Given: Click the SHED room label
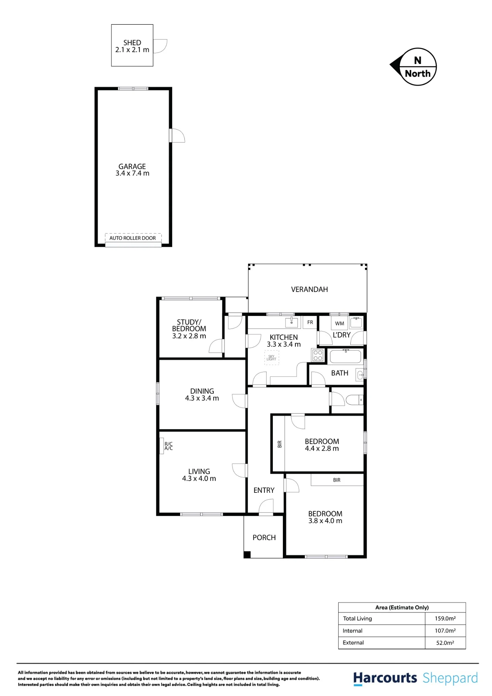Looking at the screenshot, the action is (x=132, y=43).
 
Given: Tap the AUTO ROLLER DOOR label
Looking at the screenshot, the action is (x=133, y=238).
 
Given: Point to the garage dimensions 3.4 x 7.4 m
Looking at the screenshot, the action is (x=132, y=173).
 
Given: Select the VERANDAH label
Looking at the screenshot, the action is (x=309, y=290).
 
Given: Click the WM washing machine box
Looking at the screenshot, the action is (x=339, y=323).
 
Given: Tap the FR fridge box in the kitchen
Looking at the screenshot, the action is (x=310, y=322).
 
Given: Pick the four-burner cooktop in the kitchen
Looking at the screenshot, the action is (x=318, y=355).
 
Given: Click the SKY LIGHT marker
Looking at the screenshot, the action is (x=271, y=357).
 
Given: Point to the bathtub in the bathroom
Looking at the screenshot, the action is (x=346, y=357).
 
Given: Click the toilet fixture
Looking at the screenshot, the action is (x=354, y=400).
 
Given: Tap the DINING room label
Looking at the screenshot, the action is (x=202, y=391).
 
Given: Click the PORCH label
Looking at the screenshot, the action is (x=264, y=538).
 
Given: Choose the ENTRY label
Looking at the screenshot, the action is (x=264, y=490).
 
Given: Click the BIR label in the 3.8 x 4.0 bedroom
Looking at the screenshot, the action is (x=336, y=480).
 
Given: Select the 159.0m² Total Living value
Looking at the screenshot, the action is (x=445, y=618).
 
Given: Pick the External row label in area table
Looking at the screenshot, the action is (x=353, y=643).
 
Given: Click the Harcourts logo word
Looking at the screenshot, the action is (x=385, y=678).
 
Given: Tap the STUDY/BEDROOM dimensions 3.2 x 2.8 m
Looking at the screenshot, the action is (x=189, y=336).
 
